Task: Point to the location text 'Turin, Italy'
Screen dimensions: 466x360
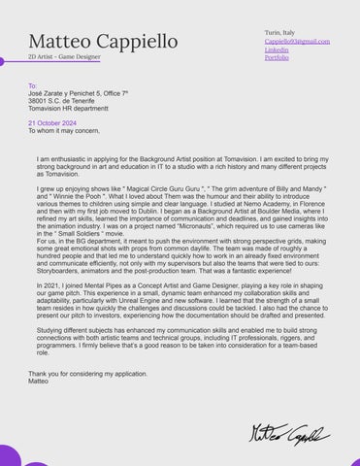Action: point(281,32)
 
